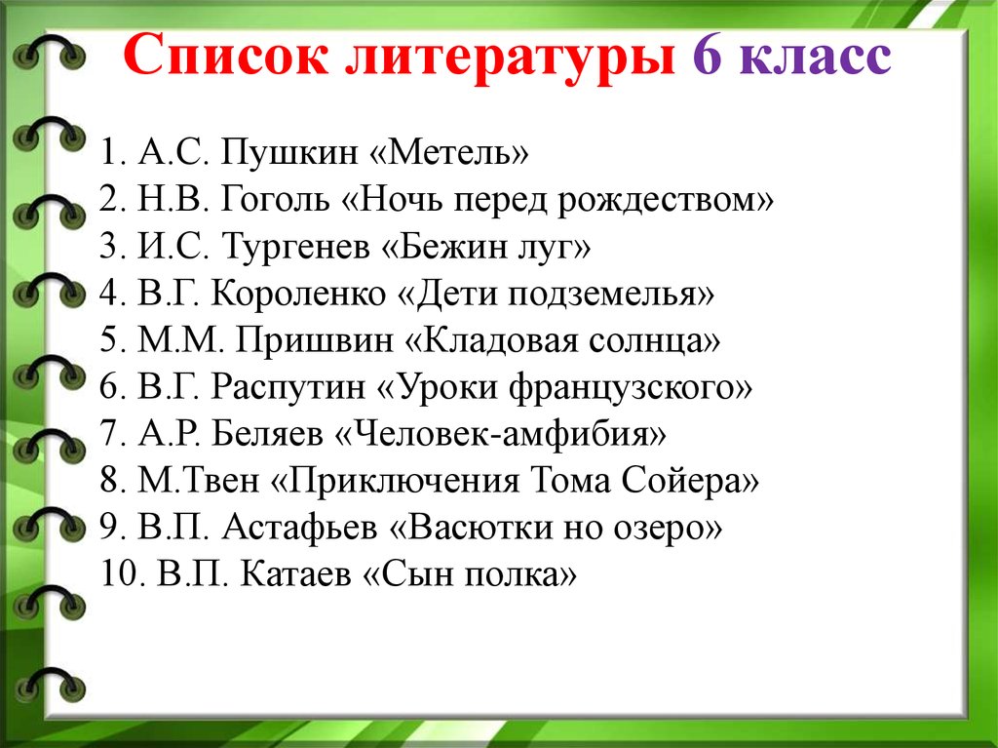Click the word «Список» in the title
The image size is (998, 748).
click(x=226, y=56)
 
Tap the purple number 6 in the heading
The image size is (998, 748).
click(x=708, y=56)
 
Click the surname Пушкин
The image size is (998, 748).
click(x=288, y=153)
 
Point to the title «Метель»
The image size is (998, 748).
click(x=449, y=152)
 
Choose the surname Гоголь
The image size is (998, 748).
click(x=275, y=199)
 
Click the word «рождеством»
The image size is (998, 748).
click(x=665, y=201)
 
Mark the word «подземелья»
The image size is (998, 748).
click(x=611, y=295)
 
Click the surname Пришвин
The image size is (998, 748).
click(x=315, y=341)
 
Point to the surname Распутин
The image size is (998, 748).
click(x=288, y=388)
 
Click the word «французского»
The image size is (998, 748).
click(x=631, y=389)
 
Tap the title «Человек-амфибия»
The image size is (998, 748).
click(x=500, y=435)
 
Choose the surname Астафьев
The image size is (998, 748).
click(x=299, y=529)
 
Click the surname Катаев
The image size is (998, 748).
click(x=296, y=575)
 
